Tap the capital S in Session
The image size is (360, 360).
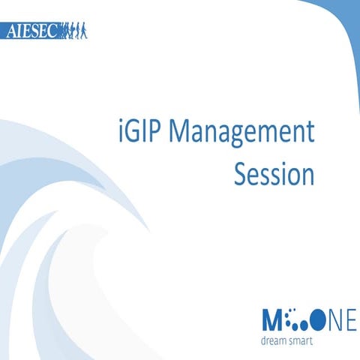coord(241,174)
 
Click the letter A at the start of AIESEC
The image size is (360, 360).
coord(10,32)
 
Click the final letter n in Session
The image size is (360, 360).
coord(305,175)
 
